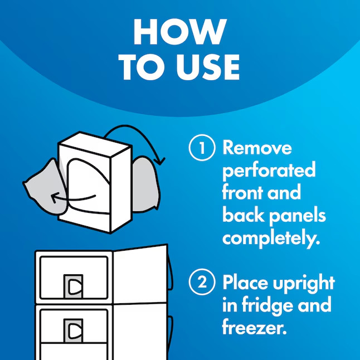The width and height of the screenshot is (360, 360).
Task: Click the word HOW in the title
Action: [180, 32]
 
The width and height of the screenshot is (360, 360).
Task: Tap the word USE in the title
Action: [208, 67]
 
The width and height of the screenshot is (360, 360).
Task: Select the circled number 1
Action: [202, 148]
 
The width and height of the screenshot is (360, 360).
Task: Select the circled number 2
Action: [202, 282]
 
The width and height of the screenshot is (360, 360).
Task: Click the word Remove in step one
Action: [257, 148]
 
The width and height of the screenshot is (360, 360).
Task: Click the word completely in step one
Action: [271, 239]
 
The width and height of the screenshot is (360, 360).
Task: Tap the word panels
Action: [298, 216]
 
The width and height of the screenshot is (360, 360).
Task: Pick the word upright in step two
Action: [304, 284]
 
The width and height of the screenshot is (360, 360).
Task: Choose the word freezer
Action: [254, 327]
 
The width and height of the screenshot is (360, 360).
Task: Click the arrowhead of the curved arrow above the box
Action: [160, 161]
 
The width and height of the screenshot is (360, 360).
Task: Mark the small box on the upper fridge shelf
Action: [73, 286]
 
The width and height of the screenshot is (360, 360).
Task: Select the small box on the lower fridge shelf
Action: [73, 330]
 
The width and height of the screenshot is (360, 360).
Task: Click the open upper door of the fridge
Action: [140, 275]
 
